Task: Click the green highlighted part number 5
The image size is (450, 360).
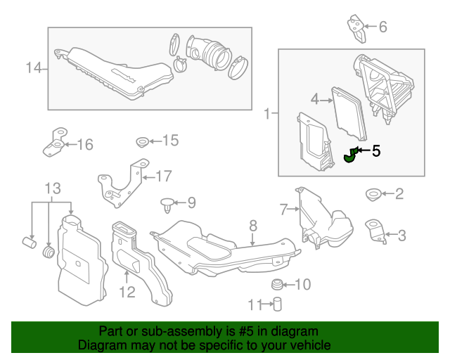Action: [x=349, y=156]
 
